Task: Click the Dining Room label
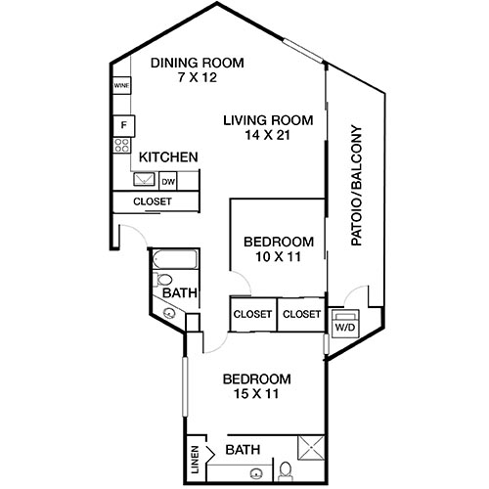click(x=197, y=63)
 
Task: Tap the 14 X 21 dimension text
click(x=267, y=138)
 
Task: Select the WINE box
click(x=122, y=86)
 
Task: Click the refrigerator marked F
click(x=123, y=124)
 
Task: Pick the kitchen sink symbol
click(x=144, y=180)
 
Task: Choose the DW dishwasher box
click(x=168, y=181)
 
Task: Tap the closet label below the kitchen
click(x=153, y=201)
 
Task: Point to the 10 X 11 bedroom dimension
click(x=279, y=258)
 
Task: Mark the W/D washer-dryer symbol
click(x=345, y=327)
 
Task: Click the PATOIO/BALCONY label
click(x=356, y=185)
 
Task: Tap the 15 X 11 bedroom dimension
click(x=256, y=396)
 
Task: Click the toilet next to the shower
click(x=285, y=471)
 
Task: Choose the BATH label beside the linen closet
click(x=243, y=450)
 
